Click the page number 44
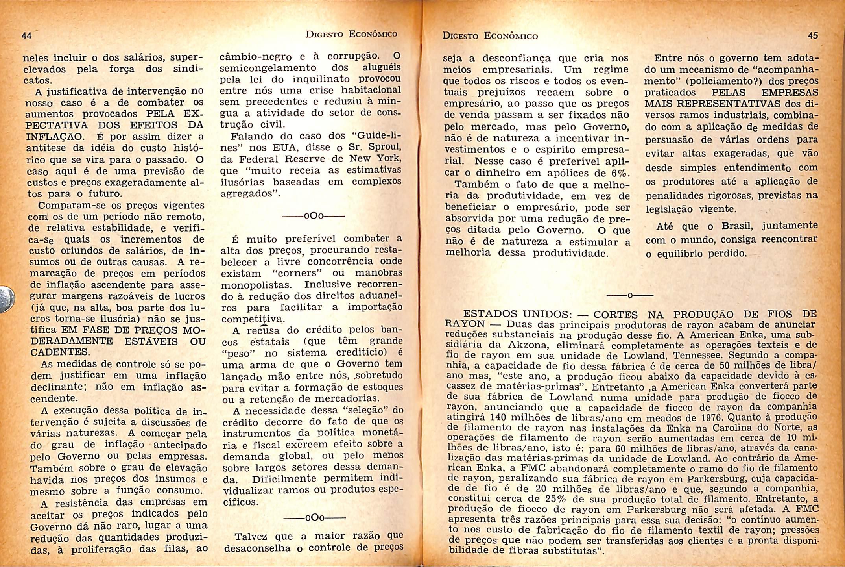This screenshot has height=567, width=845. tap(26, 36)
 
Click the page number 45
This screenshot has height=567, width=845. tap(813, 35)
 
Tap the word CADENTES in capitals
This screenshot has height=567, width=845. tap(59, 352)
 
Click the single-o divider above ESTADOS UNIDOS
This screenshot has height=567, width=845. tap(630, 295)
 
